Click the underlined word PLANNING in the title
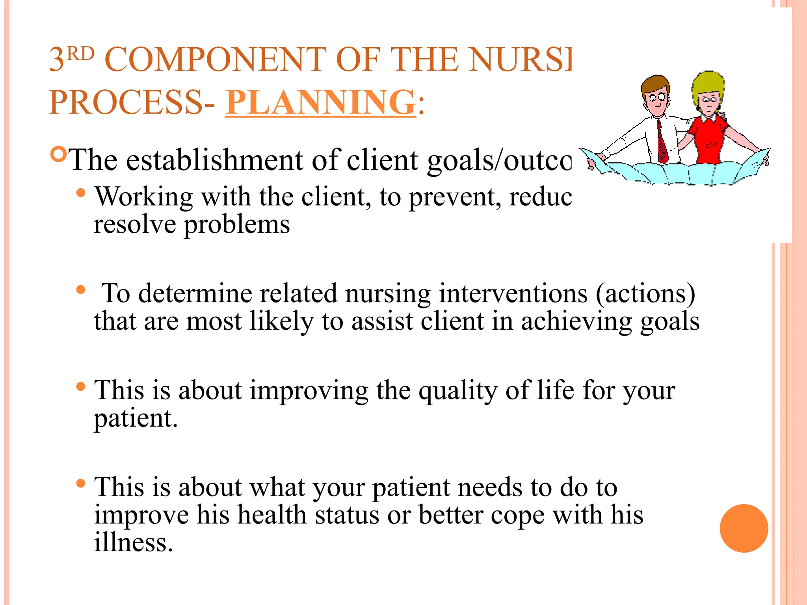pyautogui.click(x=320, y=102)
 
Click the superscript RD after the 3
pyautogui.click(x=80, y=54)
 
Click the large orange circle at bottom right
pyautogui.click(x=744, y=528)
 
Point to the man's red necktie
pyautogui.click(x=662, y=142)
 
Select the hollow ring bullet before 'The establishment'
pyautogui.click(x=59, y=154)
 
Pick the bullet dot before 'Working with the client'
pyautogui.click(x=81, y=193)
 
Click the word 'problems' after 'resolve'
pyautogui.click(x=237, y=225)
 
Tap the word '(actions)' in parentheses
pyautogui.click(x=645, y=293)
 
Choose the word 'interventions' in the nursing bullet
pyautogui.click(x=513, y=293)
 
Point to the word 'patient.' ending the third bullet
pyautogui.click(x=136, y=418)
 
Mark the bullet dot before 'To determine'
pyautogui.click(x=81, y=290)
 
